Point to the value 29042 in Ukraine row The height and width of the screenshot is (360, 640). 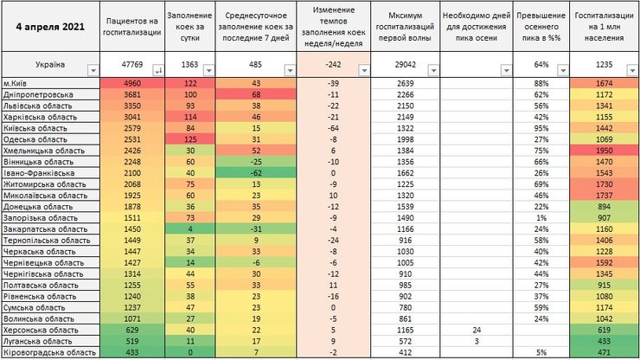pyautogui.click(x=405, y=65)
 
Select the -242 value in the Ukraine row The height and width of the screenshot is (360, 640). pyautogui.click(x=332, y=65)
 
